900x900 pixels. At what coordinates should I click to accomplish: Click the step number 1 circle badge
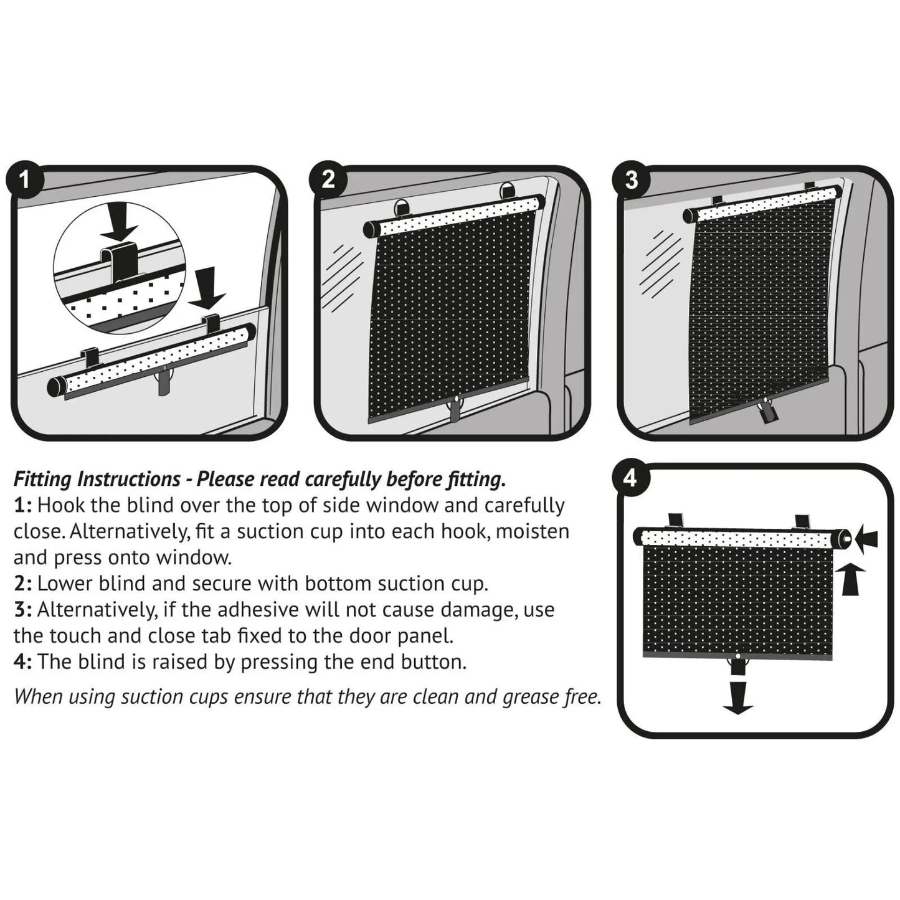pos(24,181)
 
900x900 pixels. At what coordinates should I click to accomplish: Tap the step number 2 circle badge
pos(328,180)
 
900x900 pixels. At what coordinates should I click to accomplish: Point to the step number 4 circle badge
pos(630,478)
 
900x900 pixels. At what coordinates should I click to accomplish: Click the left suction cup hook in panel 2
pos(402,207)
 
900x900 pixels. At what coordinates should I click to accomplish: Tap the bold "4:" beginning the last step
pos(22,661)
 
